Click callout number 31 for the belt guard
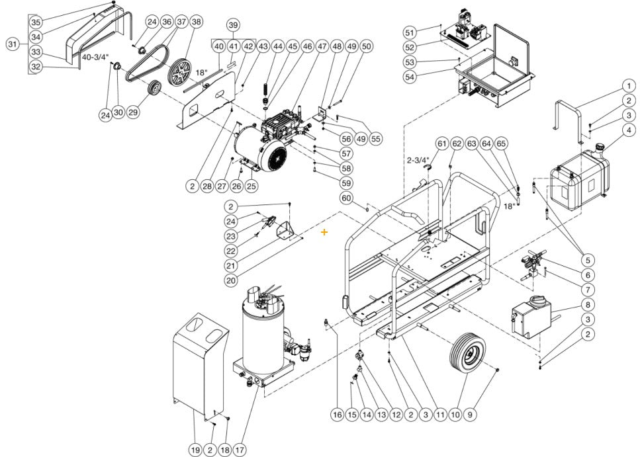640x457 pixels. (x=13, y=44)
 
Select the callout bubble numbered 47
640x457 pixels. (x=322, y=47)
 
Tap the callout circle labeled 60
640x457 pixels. (x=346, y=198)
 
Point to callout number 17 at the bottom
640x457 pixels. (x=240, y=450)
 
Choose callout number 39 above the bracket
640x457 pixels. (x=232, y=24)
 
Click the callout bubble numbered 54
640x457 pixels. (x=410, y=77)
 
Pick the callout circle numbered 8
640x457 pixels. (x=587, y=305)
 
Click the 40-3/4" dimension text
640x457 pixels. (x=95, y=58)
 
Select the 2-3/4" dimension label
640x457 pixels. (x=418, y=160)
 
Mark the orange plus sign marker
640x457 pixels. (x=324, y=232)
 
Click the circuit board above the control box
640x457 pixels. (x=471, y=30)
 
